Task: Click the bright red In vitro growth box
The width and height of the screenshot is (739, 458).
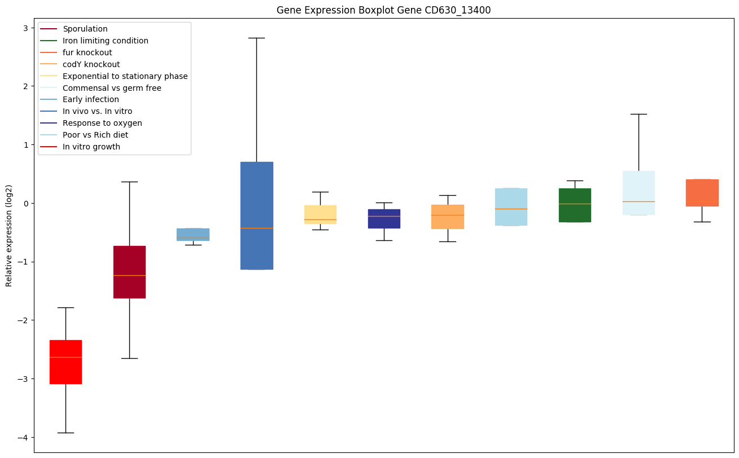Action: pos(65,362)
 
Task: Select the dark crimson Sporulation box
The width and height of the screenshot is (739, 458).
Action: pos(129,272)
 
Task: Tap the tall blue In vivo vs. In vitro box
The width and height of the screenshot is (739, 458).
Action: pos(256,215)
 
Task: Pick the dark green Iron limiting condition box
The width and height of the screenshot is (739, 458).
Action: pos(575,205)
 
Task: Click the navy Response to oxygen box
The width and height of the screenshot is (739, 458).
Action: pos(384,219)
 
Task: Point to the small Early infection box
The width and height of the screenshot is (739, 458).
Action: pos(193,235)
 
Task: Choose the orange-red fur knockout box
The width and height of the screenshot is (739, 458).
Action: pos(702,193)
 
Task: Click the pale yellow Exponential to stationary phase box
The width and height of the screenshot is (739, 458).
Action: pos(320,214)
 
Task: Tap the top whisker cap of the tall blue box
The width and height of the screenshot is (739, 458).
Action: pos(256,38)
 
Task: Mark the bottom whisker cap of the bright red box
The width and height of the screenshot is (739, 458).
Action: pos(65,433)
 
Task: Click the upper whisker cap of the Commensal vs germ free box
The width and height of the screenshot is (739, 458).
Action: pos(639,114)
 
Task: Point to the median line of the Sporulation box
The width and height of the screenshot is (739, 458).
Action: pos(129,275)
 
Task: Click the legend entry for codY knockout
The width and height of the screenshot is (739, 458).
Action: pos(91,64)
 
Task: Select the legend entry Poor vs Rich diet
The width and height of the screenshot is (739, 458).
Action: pos(95,135)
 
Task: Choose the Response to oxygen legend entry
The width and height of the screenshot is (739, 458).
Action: pos(102,123)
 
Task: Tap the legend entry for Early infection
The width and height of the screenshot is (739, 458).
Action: pos(91,99)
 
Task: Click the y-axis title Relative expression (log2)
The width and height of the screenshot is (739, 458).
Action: pos(9,236)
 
